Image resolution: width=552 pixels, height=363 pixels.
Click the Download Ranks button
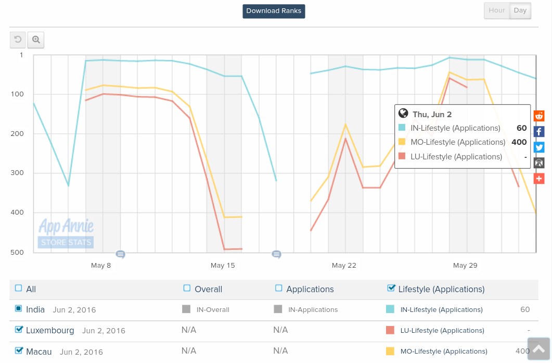274,11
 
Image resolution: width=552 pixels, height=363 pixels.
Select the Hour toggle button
497,10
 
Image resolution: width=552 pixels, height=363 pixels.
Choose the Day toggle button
520,10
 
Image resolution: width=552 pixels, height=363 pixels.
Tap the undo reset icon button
18,40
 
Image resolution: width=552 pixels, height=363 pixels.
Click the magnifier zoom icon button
36,40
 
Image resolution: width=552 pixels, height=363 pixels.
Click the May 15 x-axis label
223,266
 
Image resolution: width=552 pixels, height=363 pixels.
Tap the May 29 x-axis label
465,266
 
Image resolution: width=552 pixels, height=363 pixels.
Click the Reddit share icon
539,116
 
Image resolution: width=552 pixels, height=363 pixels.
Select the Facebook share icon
539,131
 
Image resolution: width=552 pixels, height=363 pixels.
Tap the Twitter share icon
539,147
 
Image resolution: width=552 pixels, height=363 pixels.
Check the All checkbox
19,288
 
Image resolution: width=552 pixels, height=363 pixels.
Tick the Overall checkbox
187,288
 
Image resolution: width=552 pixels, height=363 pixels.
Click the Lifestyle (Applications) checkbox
391,288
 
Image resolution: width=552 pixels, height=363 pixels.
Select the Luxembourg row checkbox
19,330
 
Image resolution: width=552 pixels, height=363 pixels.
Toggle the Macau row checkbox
19,351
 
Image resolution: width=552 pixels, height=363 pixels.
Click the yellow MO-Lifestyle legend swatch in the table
390,351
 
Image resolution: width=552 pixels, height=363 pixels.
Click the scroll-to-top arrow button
538,349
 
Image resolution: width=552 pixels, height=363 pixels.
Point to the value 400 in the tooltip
519,142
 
